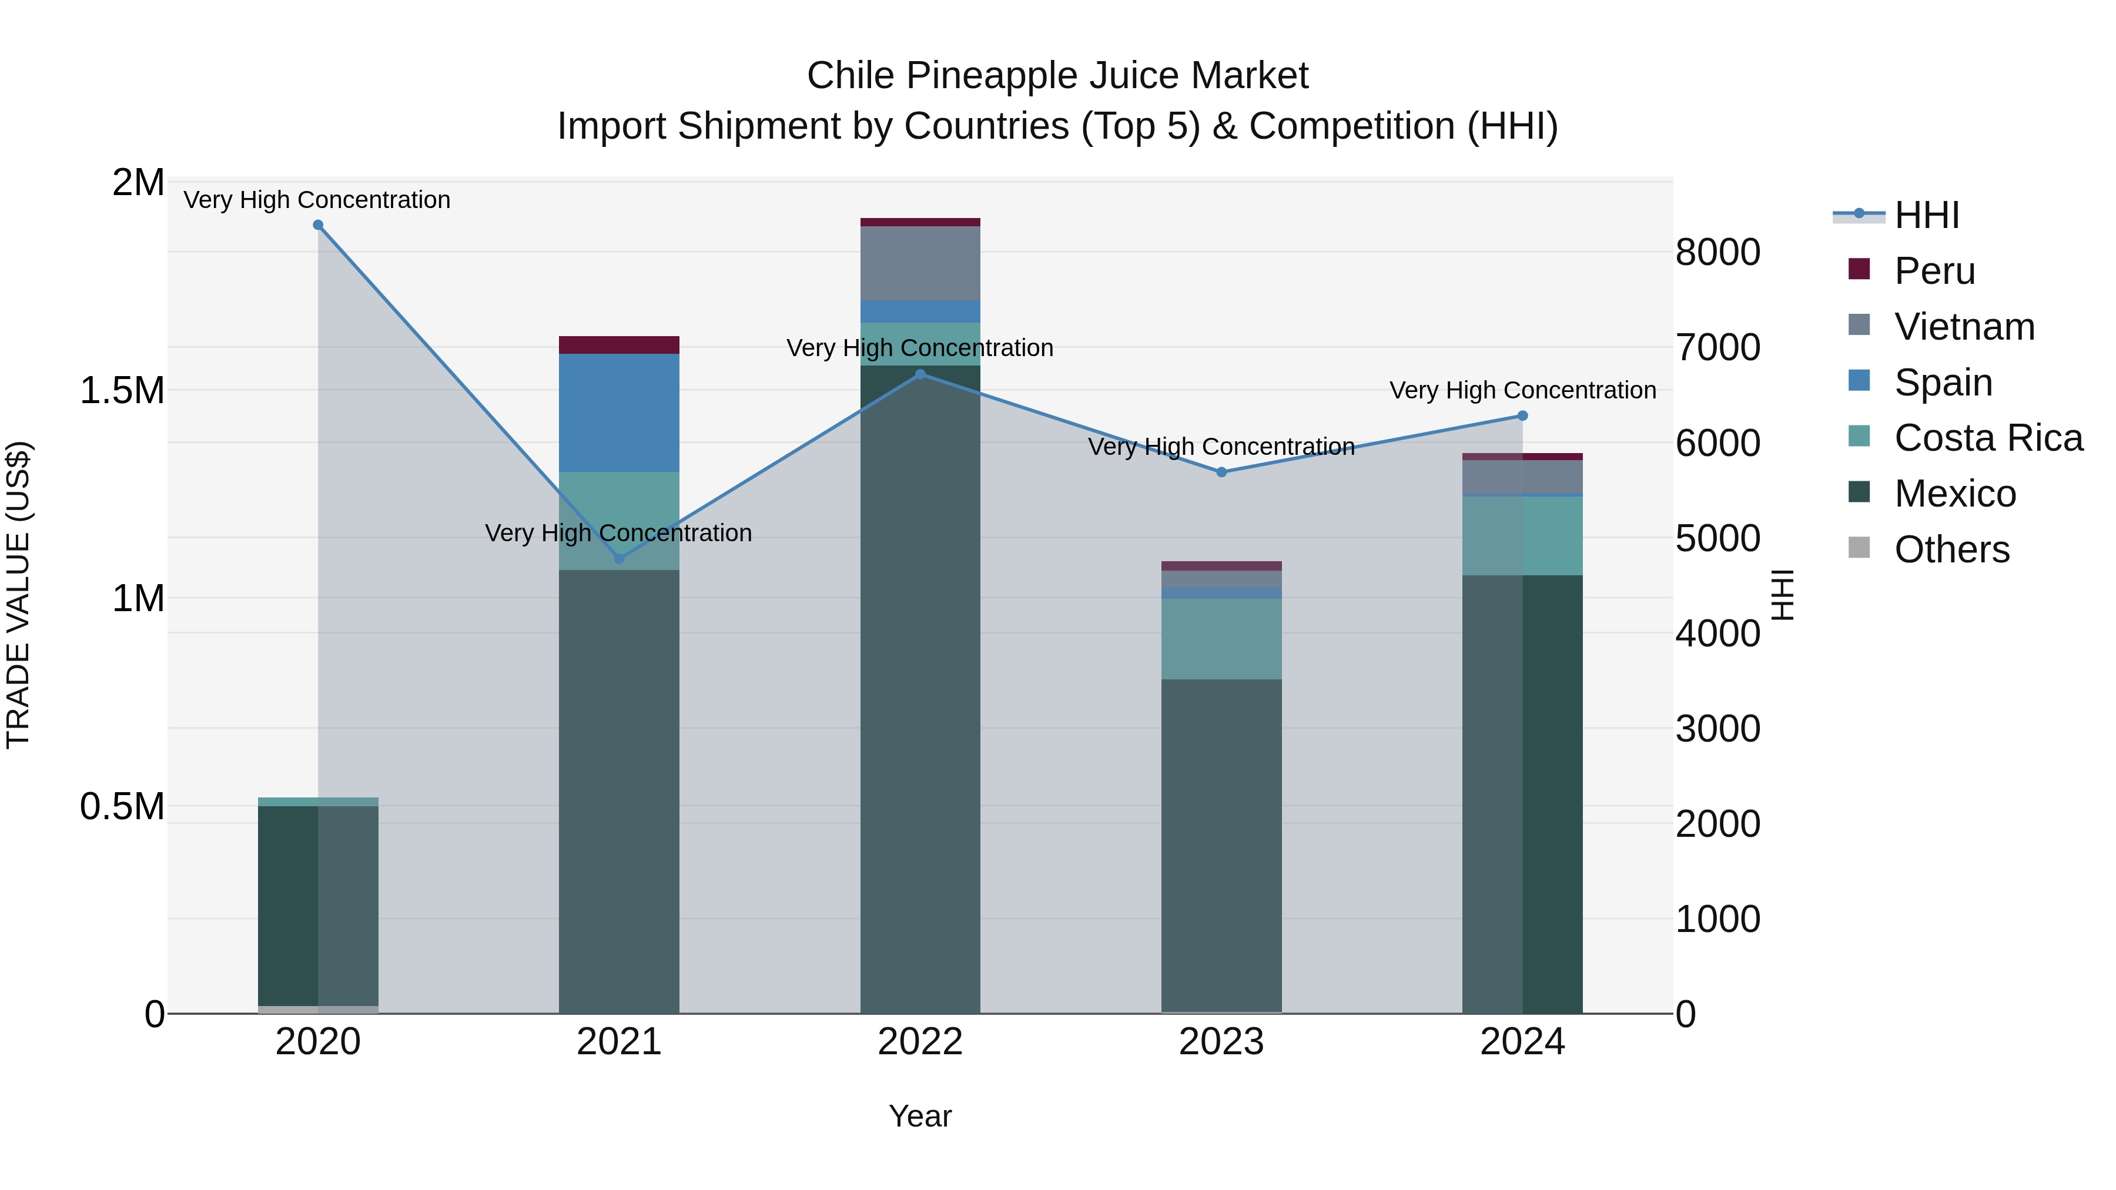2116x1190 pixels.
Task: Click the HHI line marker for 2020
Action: tap(318, 225)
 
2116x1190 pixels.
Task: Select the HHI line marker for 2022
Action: tap(920, 374)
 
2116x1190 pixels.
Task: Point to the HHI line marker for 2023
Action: tap(1221, 472)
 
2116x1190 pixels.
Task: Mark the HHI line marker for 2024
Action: tap(1522, 417)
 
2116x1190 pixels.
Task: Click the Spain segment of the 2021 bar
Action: tap(620, 413)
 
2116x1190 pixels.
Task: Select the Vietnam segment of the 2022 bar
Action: tap(920, 263)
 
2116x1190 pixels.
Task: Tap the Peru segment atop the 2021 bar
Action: tap(620, 345)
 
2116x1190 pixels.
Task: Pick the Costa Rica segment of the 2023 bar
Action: tap(1221, 638)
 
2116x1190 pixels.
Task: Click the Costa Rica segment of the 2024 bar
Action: tap(1522, 535)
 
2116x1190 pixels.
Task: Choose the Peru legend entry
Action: tap(1934, 271)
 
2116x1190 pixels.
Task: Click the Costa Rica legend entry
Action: tap(1988, 438)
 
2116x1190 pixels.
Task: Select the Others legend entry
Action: tap(1951, 549)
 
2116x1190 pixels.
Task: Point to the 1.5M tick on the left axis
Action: tap(122, 391)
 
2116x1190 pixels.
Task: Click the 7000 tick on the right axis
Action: tap(1717, 347)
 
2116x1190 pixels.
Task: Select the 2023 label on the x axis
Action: tap(1221, 1042)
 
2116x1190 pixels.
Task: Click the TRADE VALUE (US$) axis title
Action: tap(18, 595)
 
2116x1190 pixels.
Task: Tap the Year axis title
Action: tap(920, 1116)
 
